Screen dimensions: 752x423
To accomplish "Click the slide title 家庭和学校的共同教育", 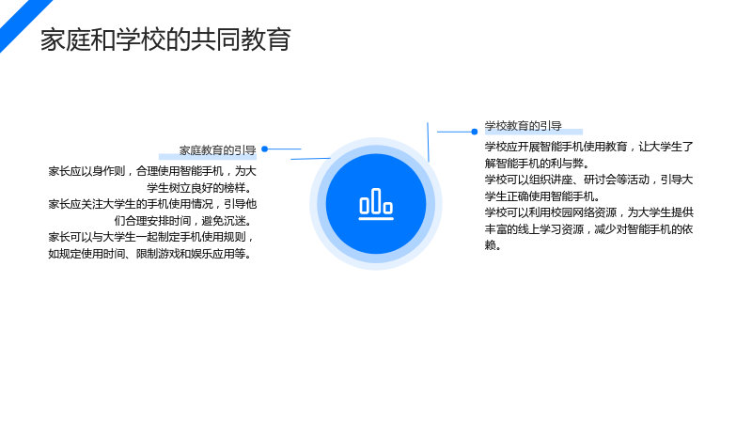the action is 165,39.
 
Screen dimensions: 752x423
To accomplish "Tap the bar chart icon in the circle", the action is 376,204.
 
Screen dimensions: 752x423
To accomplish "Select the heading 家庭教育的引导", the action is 218,150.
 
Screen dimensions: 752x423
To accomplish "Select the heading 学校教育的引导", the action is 523,126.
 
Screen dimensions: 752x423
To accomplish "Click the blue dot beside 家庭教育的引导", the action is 264,149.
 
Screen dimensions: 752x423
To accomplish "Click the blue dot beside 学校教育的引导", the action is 475,132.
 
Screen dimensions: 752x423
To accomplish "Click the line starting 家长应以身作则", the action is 152,171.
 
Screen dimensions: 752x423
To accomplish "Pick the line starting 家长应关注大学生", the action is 152,204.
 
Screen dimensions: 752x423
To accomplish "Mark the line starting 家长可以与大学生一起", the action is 150,237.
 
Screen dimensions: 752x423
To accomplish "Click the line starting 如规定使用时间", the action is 149,254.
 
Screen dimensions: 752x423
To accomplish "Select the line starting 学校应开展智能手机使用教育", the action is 589,147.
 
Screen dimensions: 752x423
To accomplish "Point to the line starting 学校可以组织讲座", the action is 589,180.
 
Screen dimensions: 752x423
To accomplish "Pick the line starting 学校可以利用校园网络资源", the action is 589,212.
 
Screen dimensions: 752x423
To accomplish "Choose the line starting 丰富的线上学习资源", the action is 589,229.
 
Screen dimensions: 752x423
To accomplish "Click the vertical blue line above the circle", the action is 428,142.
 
